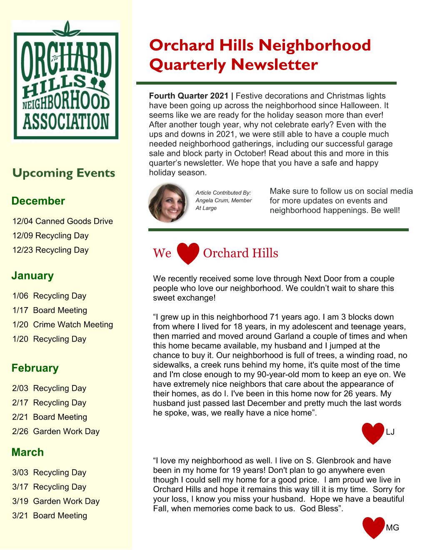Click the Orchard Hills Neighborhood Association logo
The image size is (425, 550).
click(66, 80)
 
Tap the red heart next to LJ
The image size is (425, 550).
click(372, 433)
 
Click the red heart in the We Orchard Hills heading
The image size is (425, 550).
click(188, 253)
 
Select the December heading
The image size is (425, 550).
click(38, 201)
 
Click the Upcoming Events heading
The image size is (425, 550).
click(64, 173)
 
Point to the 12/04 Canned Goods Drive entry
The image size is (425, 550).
click(63, 221)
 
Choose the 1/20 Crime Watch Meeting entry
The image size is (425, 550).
click(63, 325)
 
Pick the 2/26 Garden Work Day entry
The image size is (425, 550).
click(56, 431)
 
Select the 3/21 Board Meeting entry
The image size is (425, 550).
click(50, 515)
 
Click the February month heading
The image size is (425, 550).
click(35, 368)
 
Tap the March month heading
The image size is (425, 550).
click(27, 452)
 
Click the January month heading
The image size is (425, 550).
click(32, 275)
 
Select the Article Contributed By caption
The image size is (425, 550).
click(223, 193)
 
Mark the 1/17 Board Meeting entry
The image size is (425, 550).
click(50, 310)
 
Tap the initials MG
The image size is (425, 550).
click(392, 528)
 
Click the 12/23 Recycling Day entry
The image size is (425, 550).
click(51, 250)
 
